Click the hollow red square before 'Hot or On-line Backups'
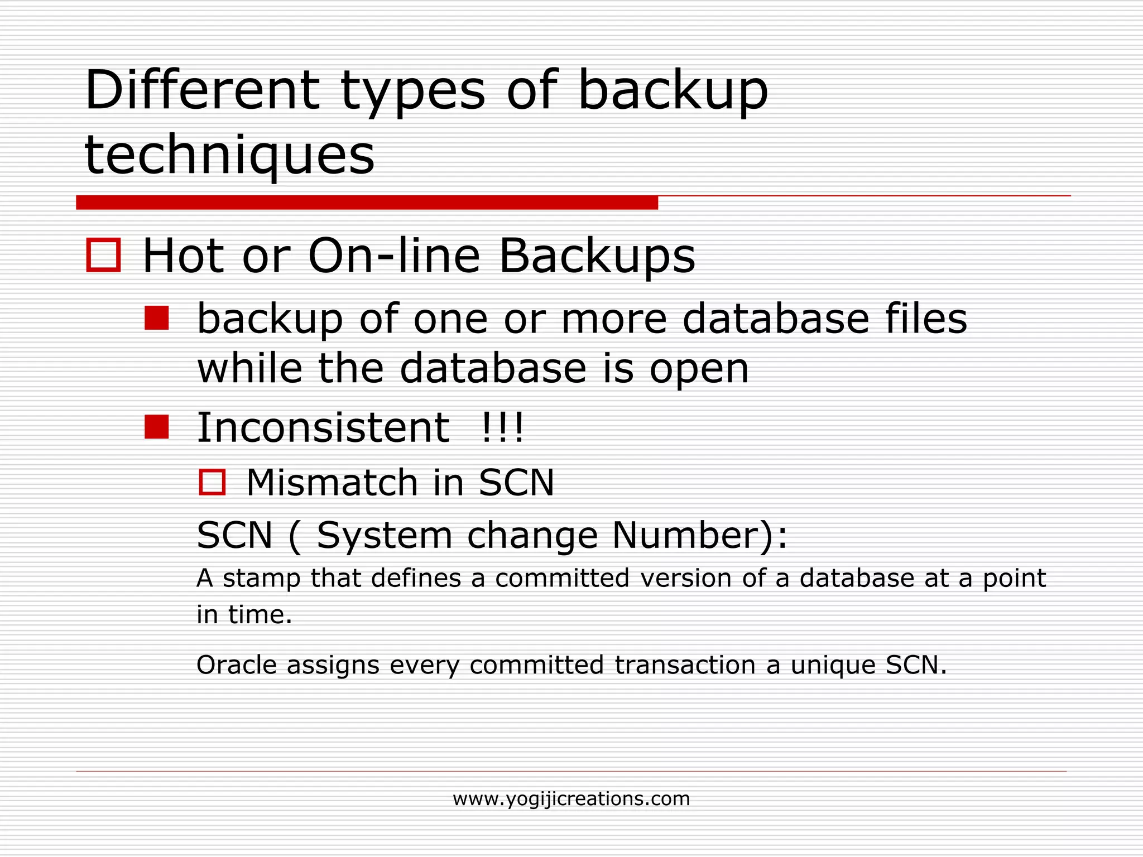point(104,255)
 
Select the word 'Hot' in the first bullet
point(184,256)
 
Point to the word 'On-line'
point(393,256)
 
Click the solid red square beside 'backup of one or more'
point(156,318)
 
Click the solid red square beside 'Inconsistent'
point(156,427)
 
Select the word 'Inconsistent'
point(323,428)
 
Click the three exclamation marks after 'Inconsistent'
point(502,428)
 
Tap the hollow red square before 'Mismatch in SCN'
point(212,482)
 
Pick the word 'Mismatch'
point(332,483)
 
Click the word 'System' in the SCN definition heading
point(385,536)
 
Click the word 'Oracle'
point(237,665)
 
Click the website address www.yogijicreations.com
point(571,799)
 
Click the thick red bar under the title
point(367,203)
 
